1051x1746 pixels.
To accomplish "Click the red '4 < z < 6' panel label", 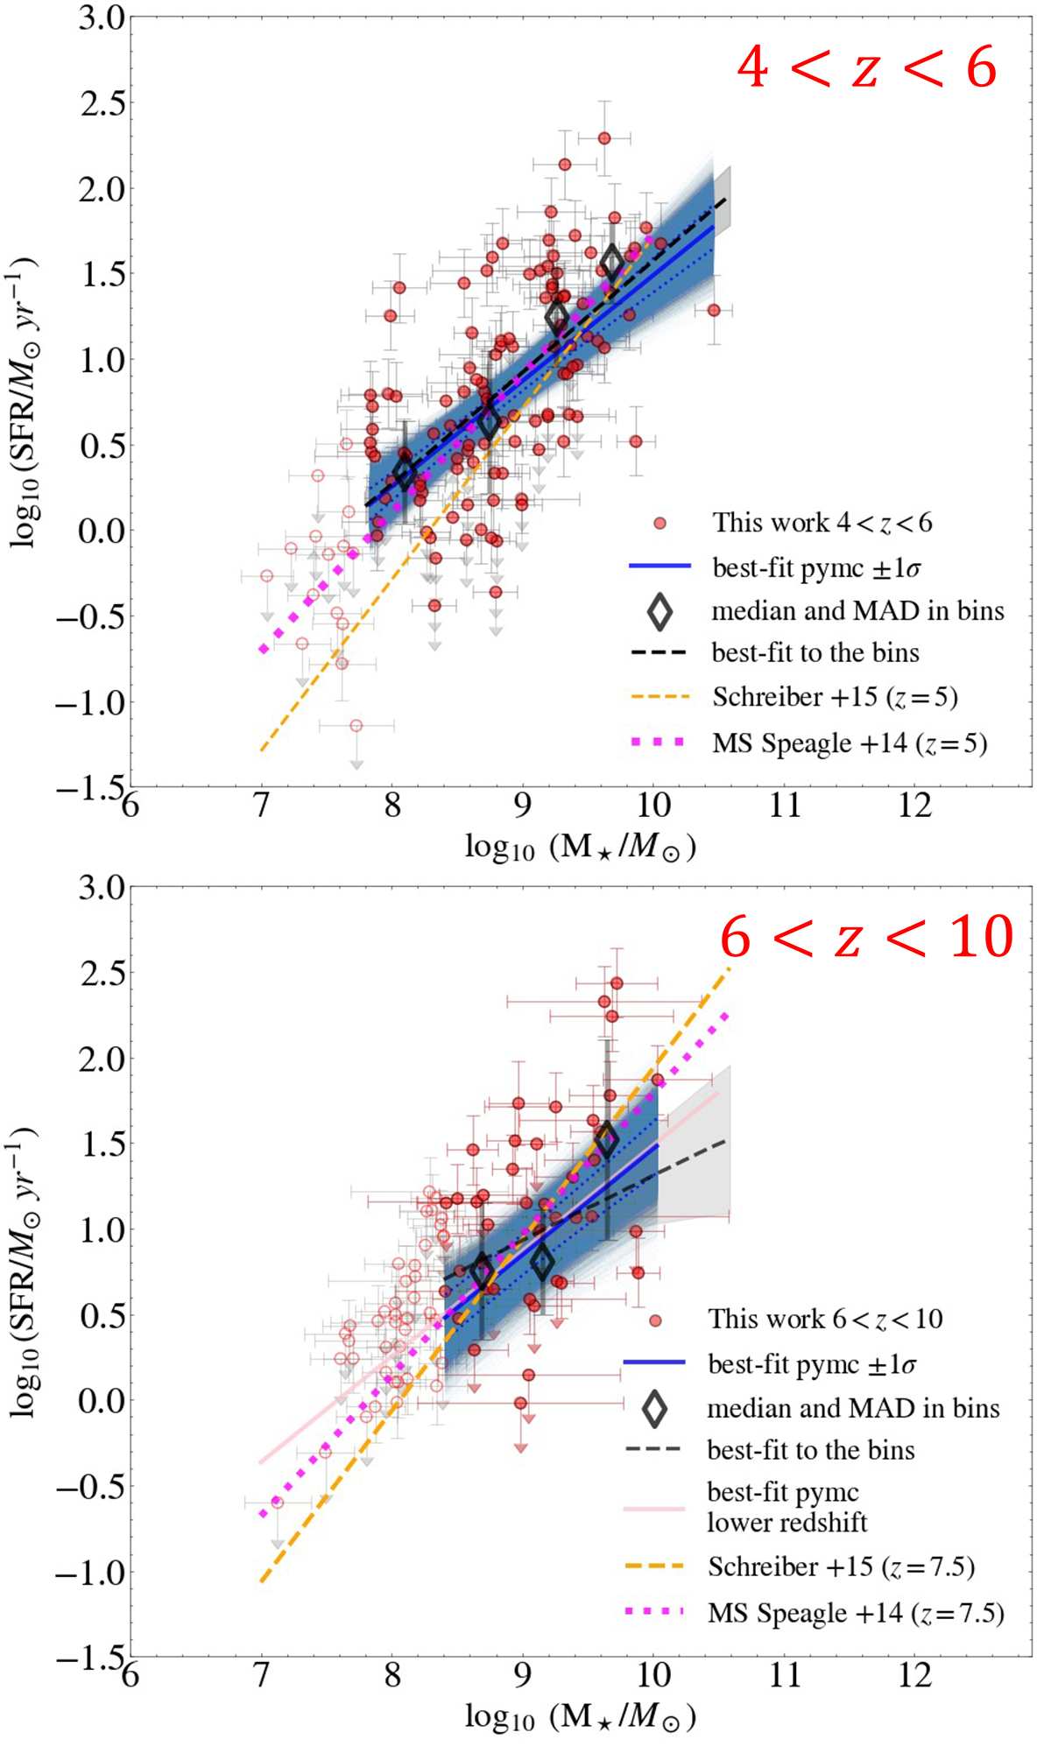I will point(866,67).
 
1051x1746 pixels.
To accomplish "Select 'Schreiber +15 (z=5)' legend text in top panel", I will point(835,697).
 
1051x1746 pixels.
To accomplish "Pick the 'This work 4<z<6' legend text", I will point(822,523).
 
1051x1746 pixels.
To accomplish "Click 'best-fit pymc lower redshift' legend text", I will point(786,1506).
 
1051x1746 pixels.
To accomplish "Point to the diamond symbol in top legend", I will point(660,611).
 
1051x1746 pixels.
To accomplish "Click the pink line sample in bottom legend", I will point(653,1509).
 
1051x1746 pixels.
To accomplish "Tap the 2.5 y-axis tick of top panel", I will point(102,103).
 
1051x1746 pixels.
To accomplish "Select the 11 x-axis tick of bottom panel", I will point(784,1674).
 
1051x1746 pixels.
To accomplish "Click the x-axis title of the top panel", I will point(580,847).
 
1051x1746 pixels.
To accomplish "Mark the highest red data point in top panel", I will point(604,138).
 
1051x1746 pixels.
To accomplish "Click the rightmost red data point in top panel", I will point(714,310).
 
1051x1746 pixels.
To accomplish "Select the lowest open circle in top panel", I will point(356,726).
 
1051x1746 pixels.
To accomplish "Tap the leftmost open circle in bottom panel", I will point(278,1503).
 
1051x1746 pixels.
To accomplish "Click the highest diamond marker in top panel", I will point(612,260).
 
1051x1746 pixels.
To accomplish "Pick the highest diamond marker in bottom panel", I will point(606,1140).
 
